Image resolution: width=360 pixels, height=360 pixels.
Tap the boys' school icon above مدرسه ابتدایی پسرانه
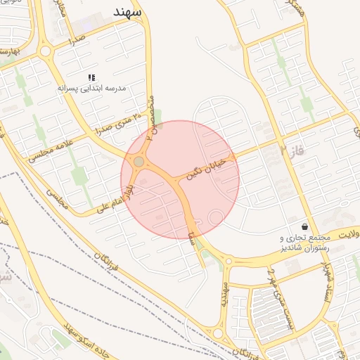91,77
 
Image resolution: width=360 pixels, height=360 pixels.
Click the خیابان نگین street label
208,169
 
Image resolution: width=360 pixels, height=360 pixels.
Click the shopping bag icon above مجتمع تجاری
304,226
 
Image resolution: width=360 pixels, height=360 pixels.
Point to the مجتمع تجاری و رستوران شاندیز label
304,243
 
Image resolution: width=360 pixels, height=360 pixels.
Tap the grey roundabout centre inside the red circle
139,162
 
